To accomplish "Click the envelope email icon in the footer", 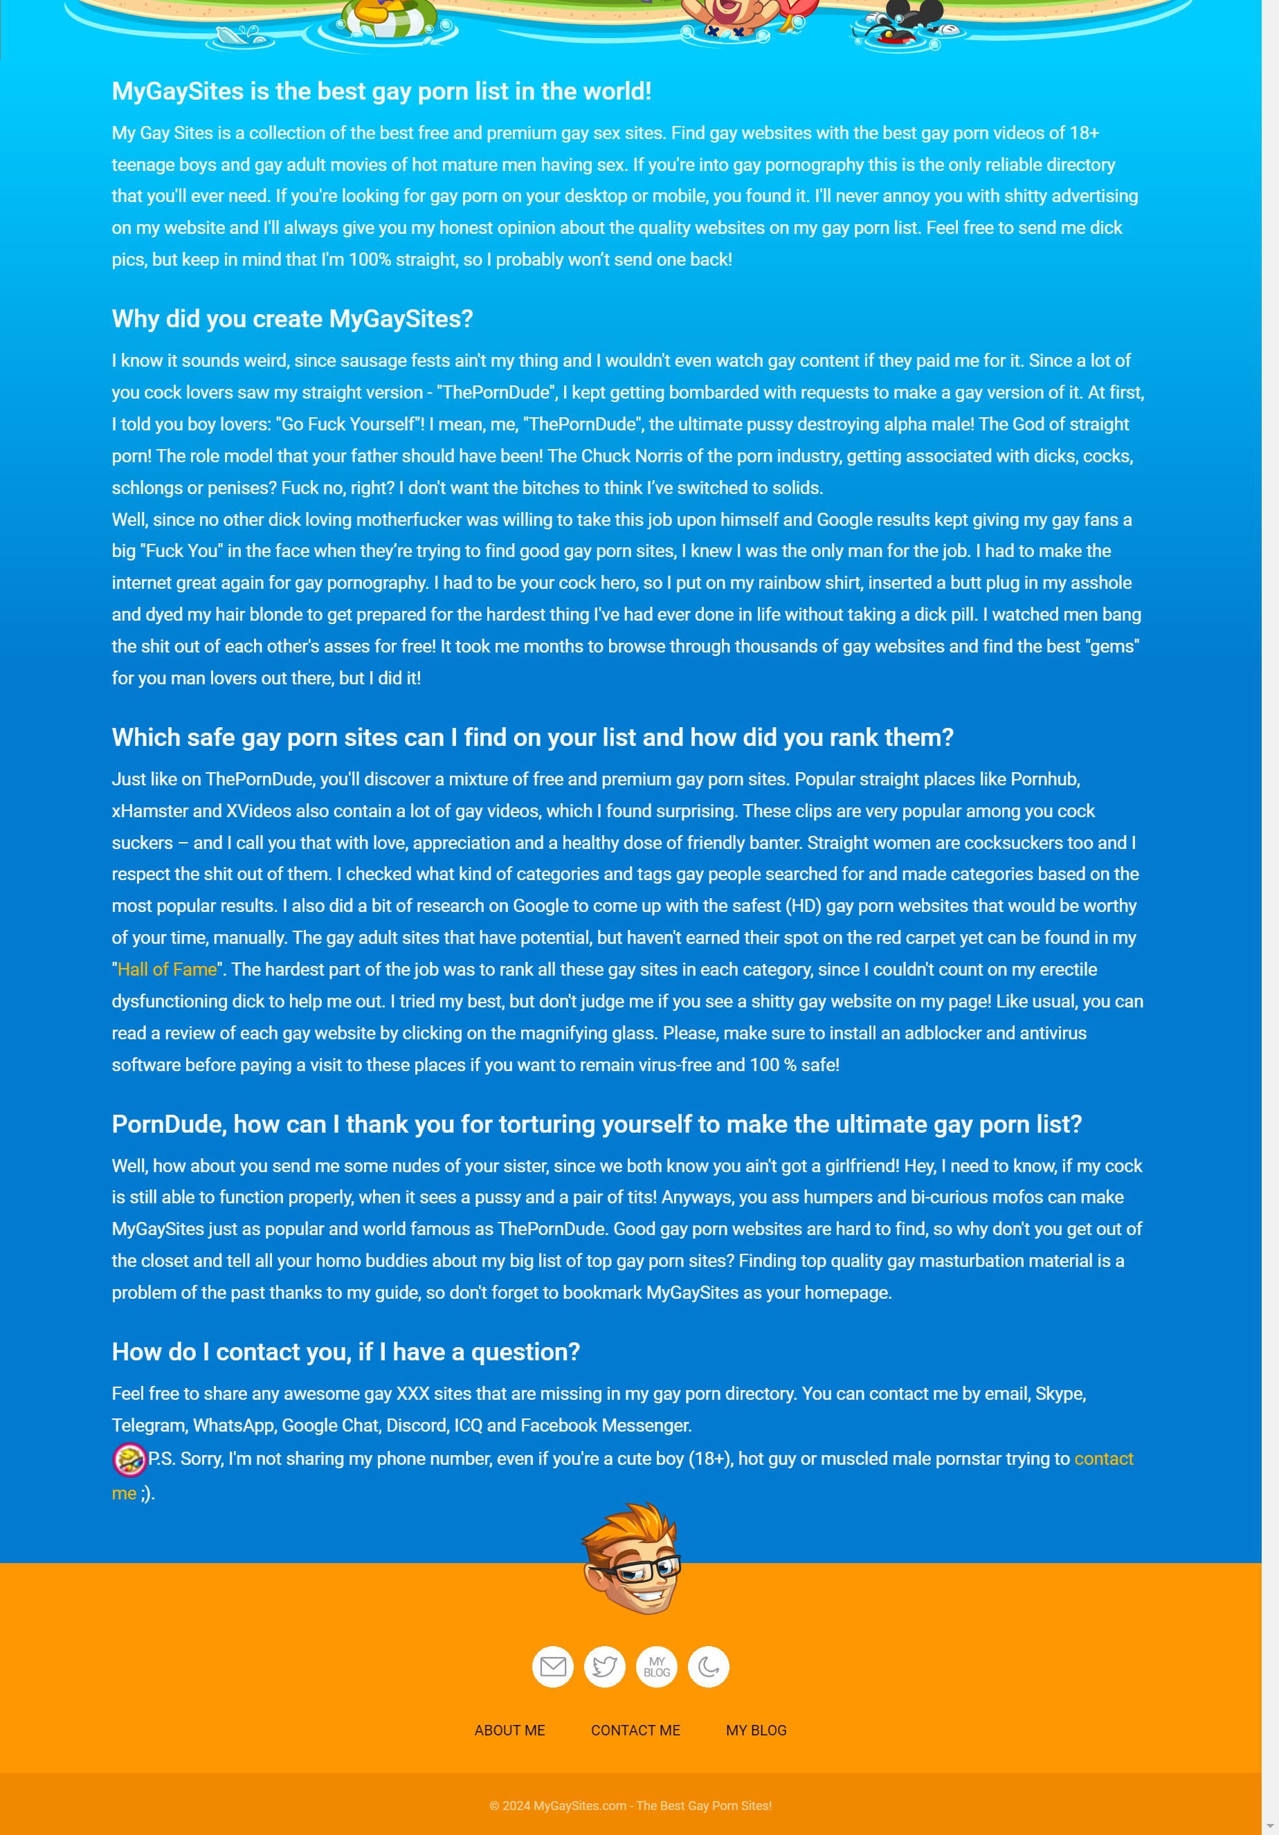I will (552, 1666).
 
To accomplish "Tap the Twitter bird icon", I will (604, 1666).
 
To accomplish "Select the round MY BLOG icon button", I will (656, 1666).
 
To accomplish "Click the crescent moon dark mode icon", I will (708, 1666).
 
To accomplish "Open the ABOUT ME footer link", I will (509, 1731).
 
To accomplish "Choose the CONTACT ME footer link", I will (635, 1731).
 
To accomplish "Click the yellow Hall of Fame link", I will (167, 969).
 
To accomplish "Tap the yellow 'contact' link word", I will (1103, 1459).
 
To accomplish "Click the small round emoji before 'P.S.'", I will (129, 1459).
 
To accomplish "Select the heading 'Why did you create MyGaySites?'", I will (292, 319).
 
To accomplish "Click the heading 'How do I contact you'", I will (345, 1351).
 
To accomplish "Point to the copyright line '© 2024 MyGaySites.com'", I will (630, 1805).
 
